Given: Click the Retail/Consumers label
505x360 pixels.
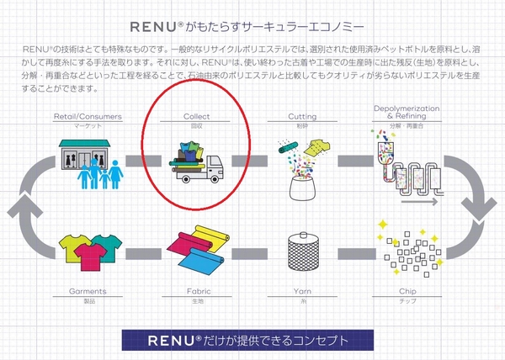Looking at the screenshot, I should tap(87, 116).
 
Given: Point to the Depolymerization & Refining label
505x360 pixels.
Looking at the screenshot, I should tap(407, 114).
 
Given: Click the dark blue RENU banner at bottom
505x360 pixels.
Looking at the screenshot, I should tap(252, 342).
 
